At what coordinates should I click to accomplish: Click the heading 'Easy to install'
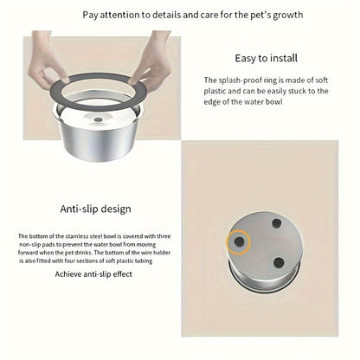coord(266,58)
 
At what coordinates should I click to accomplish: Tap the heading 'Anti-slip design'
coord(95,209)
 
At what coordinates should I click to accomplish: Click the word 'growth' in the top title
coord(288,15)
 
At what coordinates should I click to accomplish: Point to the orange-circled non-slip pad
coord(238,241)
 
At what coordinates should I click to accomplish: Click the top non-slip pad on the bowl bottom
coord(277,223)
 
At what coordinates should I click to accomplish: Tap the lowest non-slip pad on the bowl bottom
coord(279,262)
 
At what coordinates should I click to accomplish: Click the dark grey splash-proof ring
coord(99,93)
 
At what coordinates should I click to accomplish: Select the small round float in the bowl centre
coord(98,119)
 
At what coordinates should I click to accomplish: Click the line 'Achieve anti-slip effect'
coord(93,274)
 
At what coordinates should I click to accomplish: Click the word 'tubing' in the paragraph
coord(144,261)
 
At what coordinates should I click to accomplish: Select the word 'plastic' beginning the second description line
coord(215,91)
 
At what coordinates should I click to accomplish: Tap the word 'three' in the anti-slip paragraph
coord(164,236)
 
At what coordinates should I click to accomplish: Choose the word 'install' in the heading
coord(283,58)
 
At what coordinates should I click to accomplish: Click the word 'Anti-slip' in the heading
coord(75,209)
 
